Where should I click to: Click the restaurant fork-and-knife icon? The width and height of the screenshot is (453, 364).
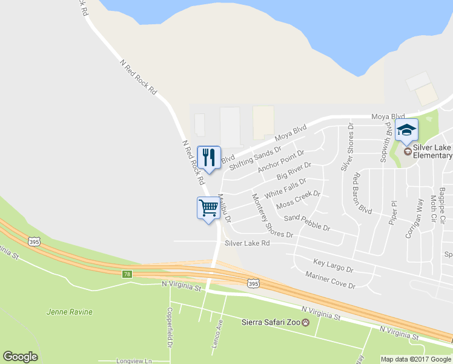(x=209, y=158)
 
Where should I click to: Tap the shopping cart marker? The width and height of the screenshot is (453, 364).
(x=208, y=208)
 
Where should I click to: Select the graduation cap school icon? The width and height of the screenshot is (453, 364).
(x=406, y=130)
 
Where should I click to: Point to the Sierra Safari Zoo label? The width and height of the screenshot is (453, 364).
(x=271, y=322)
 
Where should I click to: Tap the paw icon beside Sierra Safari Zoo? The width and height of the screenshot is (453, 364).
(x=306, y=322)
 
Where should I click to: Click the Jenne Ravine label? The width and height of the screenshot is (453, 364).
(x=70, y=312)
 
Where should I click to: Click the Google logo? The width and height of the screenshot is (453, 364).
(x=20, y=357)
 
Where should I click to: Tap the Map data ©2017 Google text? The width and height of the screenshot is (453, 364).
(x=415, y=359)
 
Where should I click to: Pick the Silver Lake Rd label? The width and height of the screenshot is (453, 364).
(x=247, y=243)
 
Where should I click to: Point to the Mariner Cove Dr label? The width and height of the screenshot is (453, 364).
(x=330, y=279)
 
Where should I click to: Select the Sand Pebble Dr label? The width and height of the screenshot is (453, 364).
(x=306, y=223)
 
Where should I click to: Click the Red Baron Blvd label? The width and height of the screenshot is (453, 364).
(x=361, y=193)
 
